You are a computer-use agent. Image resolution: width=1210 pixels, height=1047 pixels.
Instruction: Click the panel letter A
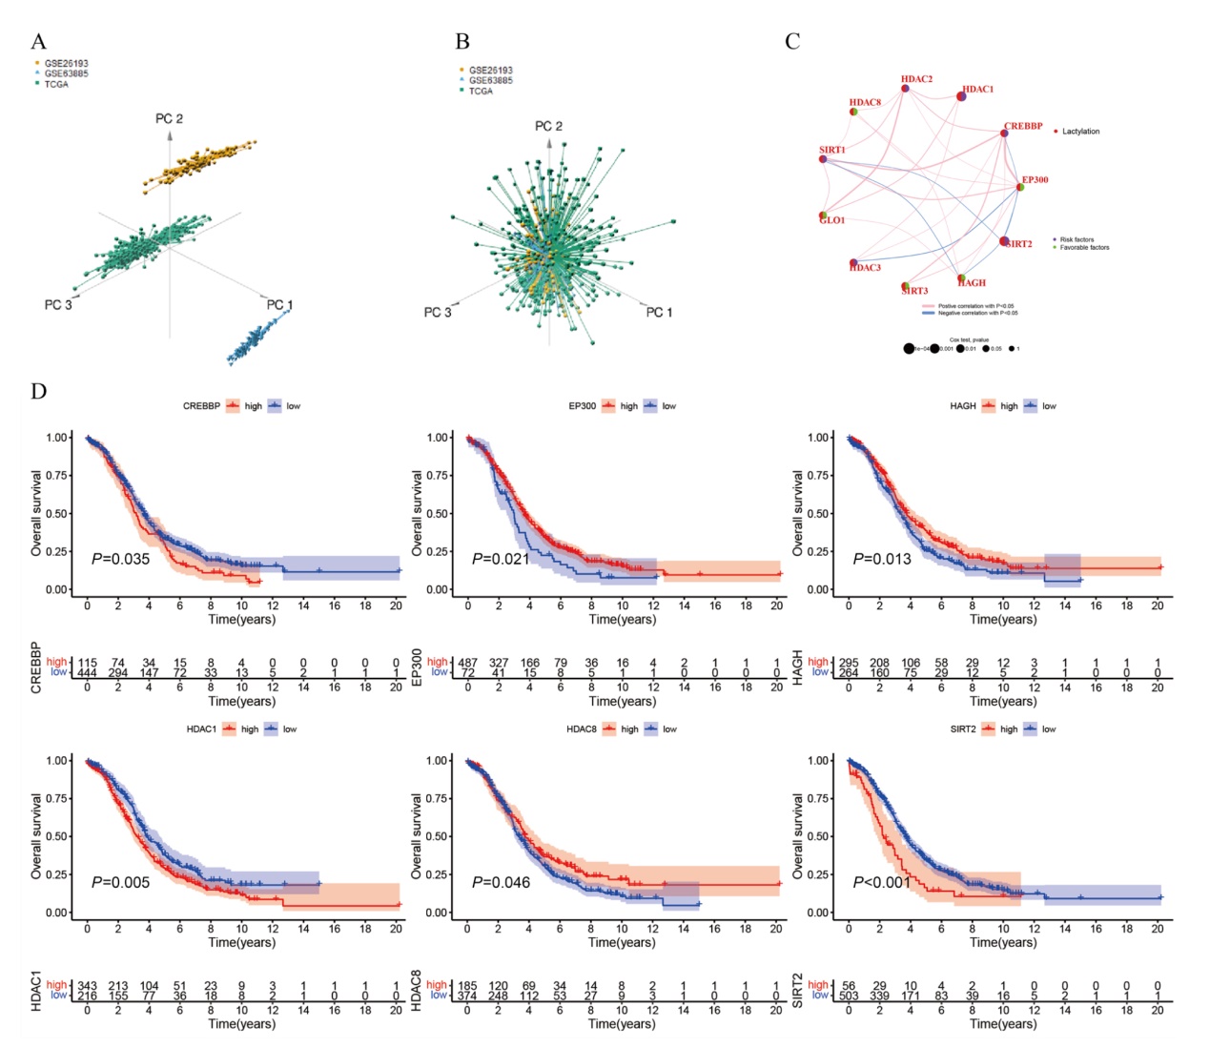(38, 41)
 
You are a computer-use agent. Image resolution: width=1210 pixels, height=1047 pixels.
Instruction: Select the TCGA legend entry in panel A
(55, 84)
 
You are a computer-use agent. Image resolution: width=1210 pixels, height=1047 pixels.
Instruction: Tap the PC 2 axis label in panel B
(548, 126)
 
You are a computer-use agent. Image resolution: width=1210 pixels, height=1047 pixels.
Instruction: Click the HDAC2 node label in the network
(916, 79)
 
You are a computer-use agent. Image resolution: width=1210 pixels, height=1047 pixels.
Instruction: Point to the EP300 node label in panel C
(1035, 179)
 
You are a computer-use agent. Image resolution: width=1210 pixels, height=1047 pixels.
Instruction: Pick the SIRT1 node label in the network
(831, 150)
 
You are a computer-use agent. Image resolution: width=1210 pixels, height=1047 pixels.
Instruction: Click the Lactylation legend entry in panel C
(1080, 132)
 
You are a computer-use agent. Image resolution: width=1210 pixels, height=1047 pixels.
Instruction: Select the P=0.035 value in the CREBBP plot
(121, 559)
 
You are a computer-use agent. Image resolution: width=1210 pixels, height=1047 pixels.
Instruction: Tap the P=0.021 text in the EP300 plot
(501, 559)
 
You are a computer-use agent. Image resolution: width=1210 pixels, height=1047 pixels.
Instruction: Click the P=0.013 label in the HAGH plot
(882, 559)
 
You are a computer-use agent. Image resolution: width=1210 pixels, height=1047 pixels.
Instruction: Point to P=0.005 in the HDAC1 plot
(121, 882)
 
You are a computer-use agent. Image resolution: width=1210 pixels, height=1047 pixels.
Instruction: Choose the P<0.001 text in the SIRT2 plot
(882, 882)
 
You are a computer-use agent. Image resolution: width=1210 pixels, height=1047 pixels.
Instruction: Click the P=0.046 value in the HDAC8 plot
(501, 882)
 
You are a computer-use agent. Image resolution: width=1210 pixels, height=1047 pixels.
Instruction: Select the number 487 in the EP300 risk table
(467, 662)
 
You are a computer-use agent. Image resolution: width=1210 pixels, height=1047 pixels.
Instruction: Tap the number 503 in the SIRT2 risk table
(849, 996)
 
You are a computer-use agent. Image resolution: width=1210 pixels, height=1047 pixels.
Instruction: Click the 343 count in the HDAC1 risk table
(88, 985)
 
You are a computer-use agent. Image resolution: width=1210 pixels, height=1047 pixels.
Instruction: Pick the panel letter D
(38, 391)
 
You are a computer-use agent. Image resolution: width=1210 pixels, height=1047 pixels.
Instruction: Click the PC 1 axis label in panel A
(279, 305)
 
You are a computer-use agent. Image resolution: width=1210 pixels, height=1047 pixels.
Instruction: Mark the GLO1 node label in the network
(833, 220)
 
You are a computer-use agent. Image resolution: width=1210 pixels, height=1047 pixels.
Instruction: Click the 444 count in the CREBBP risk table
(88, 672)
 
